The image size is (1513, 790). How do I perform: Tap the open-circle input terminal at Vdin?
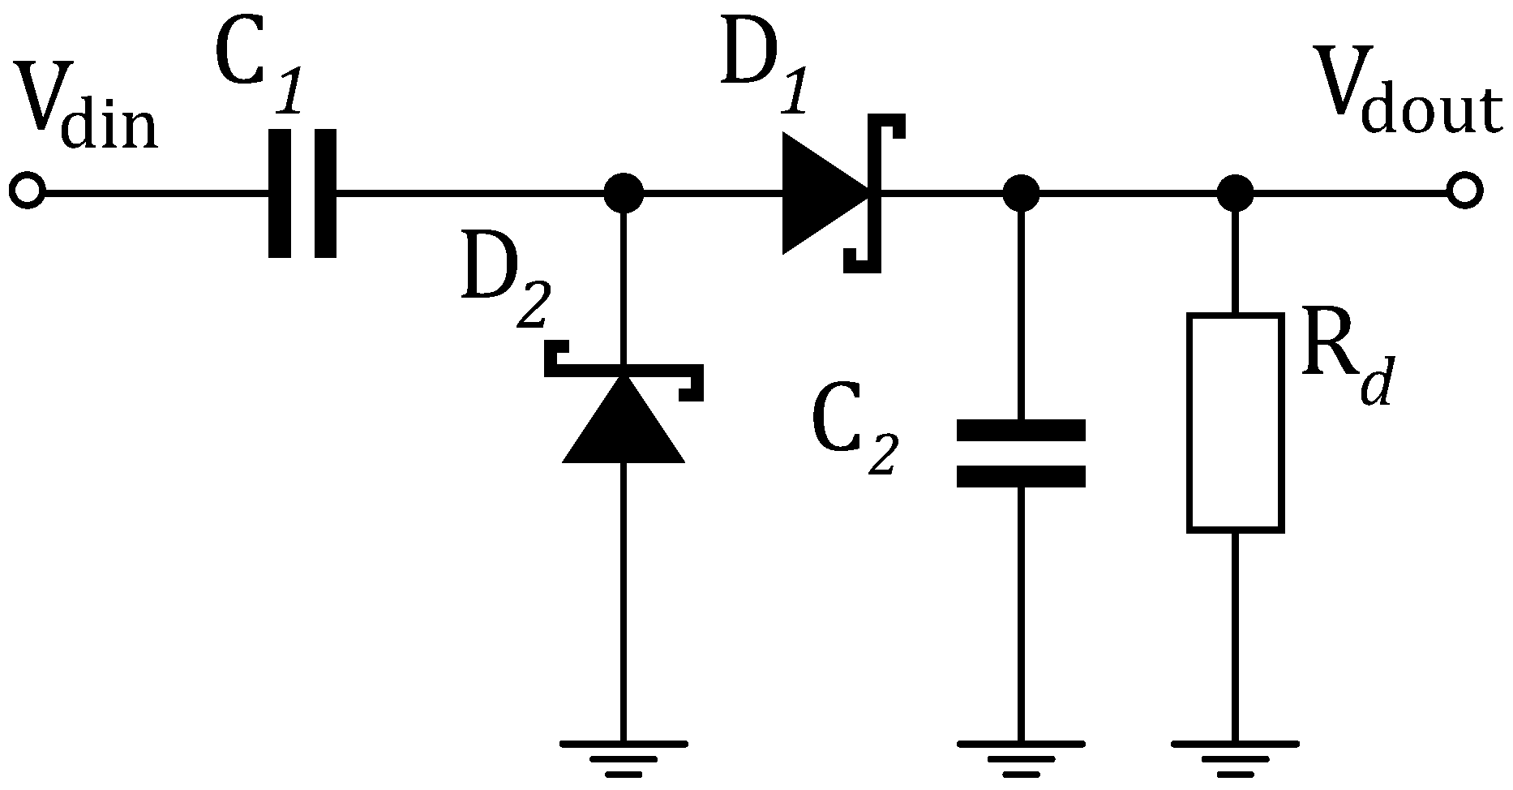(x=28, y=193)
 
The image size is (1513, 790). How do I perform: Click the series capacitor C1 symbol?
(x=302, y=193)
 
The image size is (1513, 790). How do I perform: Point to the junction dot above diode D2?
(x=624, y=193)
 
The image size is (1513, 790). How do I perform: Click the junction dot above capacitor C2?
(x=1021, y=193)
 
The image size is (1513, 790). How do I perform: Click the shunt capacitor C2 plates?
(x=1021, y=453)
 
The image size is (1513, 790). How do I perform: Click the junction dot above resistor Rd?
(x=1235, y=193)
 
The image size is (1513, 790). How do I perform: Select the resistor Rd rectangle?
(x=1235, y=423)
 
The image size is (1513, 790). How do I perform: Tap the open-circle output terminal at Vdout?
(x=1464, y=193)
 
